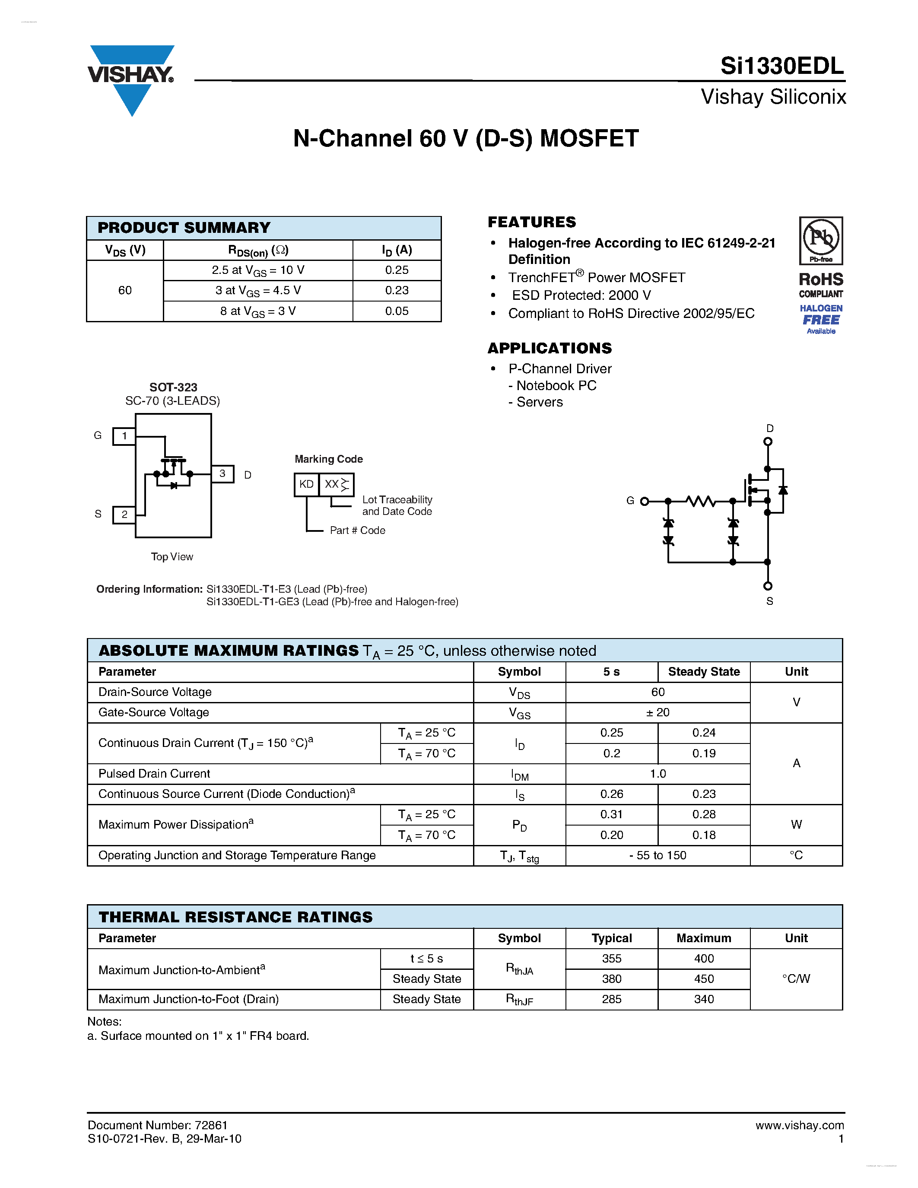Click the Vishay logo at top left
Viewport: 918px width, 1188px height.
[131, 79]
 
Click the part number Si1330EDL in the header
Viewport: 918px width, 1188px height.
[781, 67]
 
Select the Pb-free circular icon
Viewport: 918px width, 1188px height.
[821, 238]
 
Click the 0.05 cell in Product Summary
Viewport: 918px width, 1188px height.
[397, 311]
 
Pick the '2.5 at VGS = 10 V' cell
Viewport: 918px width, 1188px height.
[258, 270]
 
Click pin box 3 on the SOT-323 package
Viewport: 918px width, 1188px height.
[222, 474]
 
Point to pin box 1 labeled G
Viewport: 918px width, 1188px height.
[124, 436]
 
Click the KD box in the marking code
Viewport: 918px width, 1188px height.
[306, 484]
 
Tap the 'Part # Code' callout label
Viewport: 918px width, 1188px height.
[357, 530]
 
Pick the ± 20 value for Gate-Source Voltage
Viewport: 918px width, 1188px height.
[658, 712]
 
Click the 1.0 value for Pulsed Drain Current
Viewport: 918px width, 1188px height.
[658, 774]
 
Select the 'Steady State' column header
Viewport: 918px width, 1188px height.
[704, 672]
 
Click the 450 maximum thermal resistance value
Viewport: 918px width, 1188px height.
[704, 978]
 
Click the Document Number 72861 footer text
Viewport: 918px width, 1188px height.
[157, 1125]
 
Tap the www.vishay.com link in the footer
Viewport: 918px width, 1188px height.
[800, 1125]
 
